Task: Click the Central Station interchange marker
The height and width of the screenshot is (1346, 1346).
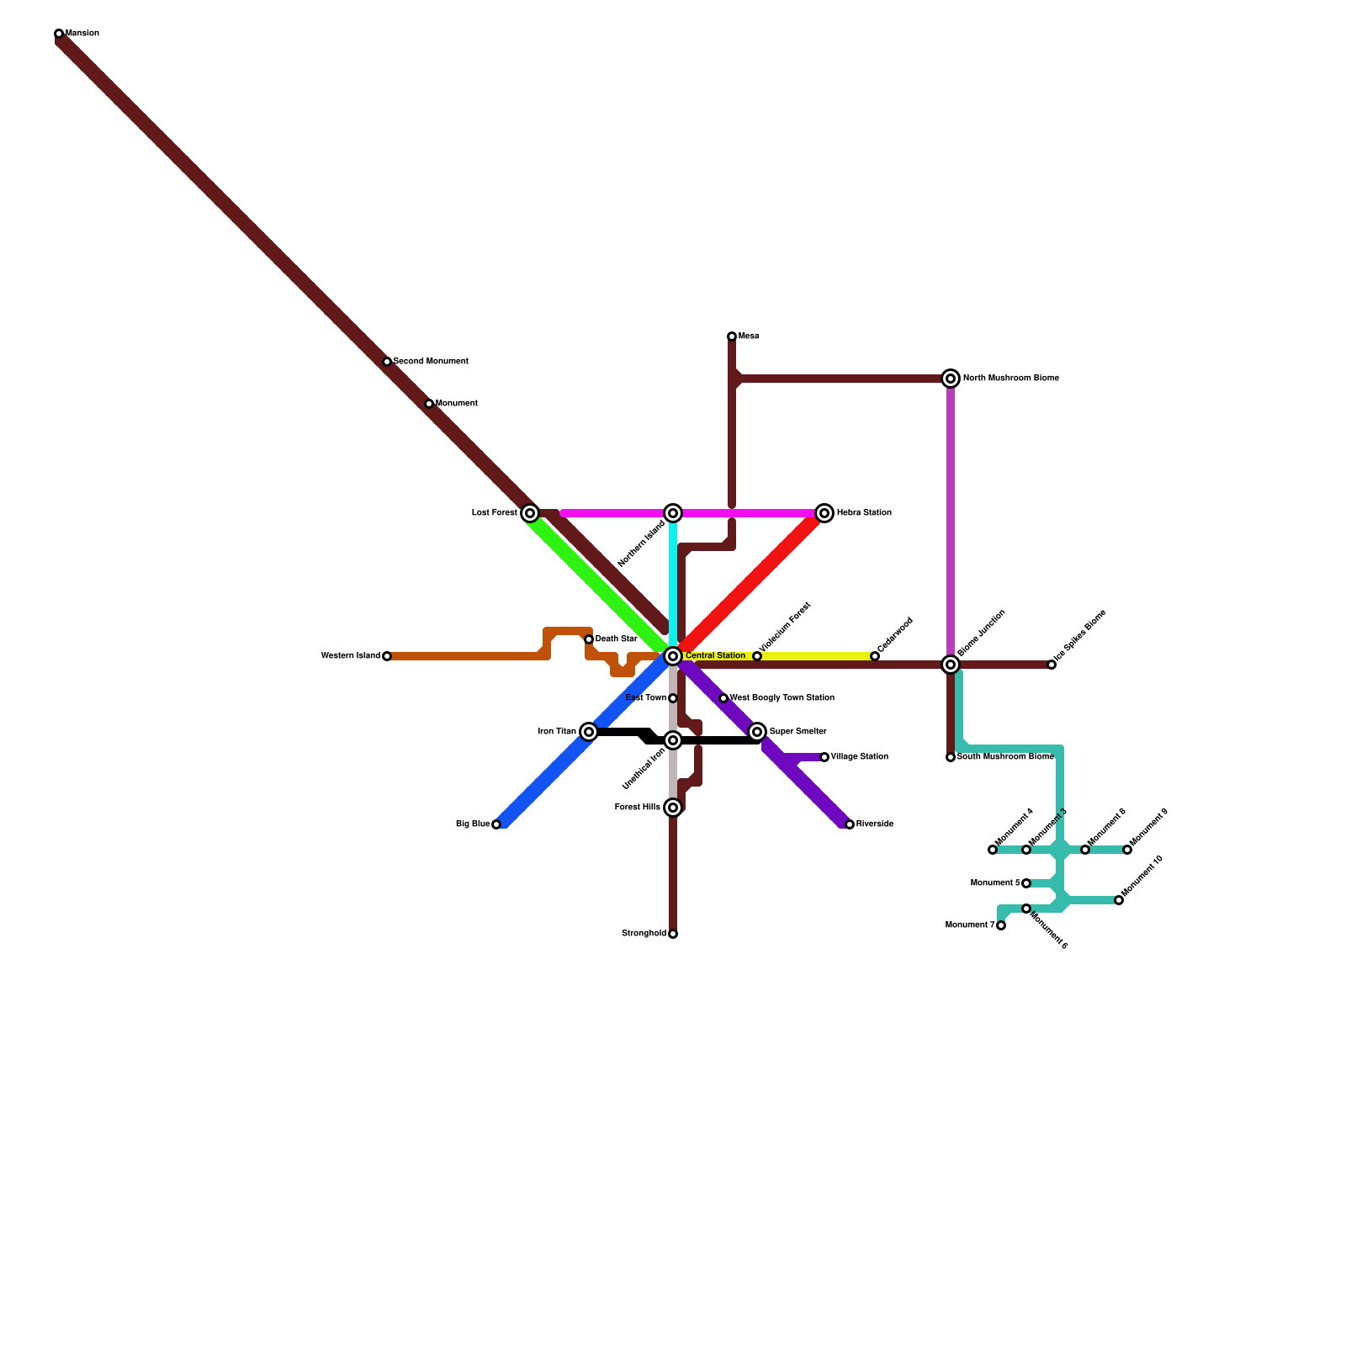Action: point(673,656)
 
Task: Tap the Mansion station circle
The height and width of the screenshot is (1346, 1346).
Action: point(59,34)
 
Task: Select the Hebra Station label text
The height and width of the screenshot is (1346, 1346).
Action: point(864,513)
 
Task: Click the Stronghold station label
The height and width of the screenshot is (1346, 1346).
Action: point(644,934)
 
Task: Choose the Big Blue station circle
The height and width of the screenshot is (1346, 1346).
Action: point(496,824)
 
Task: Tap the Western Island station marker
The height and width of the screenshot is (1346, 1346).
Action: point(387,656)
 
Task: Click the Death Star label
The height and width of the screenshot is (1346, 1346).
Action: point(616,639)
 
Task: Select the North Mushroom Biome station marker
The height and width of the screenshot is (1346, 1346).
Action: point(951,379)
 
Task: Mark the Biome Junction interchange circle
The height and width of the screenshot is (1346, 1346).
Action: point(951,665)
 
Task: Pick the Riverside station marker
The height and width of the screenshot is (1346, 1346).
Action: point(850,824)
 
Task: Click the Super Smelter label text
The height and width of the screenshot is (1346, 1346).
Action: point(798,732)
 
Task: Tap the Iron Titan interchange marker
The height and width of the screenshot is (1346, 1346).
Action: point(589,732)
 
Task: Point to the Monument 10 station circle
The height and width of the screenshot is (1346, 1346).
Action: point(1119,900)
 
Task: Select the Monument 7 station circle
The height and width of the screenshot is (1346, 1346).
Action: point(1001,925)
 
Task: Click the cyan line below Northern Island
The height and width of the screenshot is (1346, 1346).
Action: point(673,580)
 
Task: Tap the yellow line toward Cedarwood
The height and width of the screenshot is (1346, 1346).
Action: point(816,656)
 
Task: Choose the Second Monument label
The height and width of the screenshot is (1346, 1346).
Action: point(431,362)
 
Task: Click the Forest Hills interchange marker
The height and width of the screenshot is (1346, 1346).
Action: point(673,808)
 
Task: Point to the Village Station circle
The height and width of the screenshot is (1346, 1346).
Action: point(824,757)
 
